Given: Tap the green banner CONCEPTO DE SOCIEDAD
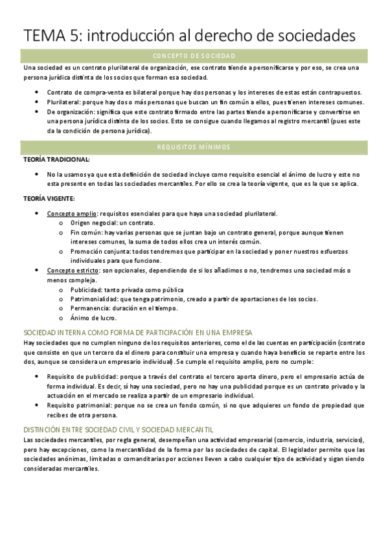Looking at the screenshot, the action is (194, 56).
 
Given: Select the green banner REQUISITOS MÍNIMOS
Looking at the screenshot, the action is (194, 148).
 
